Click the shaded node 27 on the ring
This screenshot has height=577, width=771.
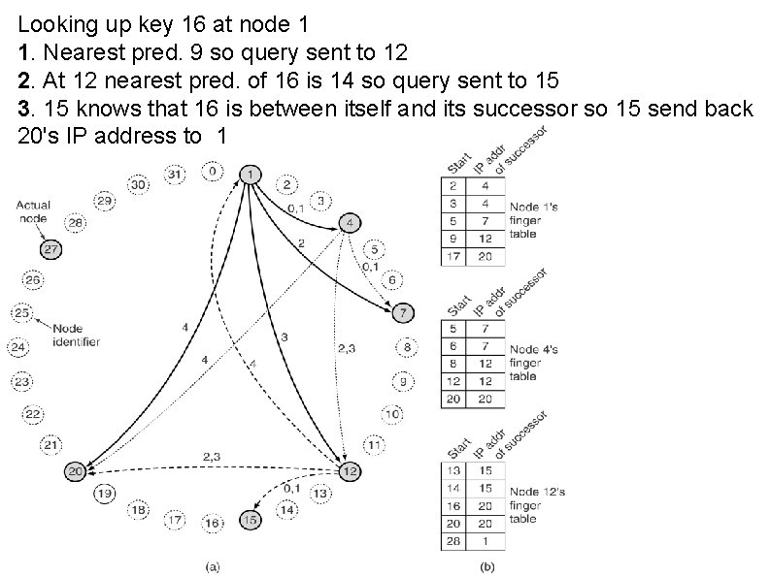click(51, 250)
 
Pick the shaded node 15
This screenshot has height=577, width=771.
click(251, 520)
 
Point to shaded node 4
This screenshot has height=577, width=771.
click(350, 224)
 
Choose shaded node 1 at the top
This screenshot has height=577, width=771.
click(251, 175)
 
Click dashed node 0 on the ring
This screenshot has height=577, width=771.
click(213, 172)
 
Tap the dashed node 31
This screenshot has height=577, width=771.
click(175, 175)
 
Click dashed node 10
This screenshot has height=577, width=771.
click(391, 414)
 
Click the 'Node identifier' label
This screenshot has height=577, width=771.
click(77, 335)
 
